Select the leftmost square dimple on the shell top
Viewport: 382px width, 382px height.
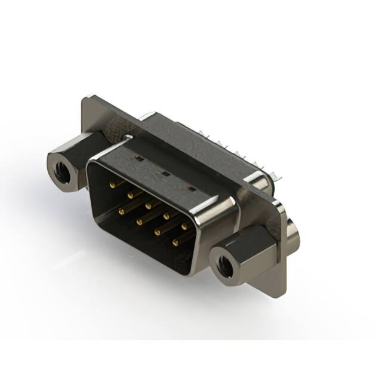click(x=137, y=160)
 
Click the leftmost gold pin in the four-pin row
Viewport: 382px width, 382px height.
click(x=121, y=211)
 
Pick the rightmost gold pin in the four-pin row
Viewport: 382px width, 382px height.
click(x=175, y=243)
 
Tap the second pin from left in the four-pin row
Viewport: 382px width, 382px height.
click(x=139, y=221)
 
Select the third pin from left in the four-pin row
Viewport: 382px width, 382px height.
click(x=158, y=232)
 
